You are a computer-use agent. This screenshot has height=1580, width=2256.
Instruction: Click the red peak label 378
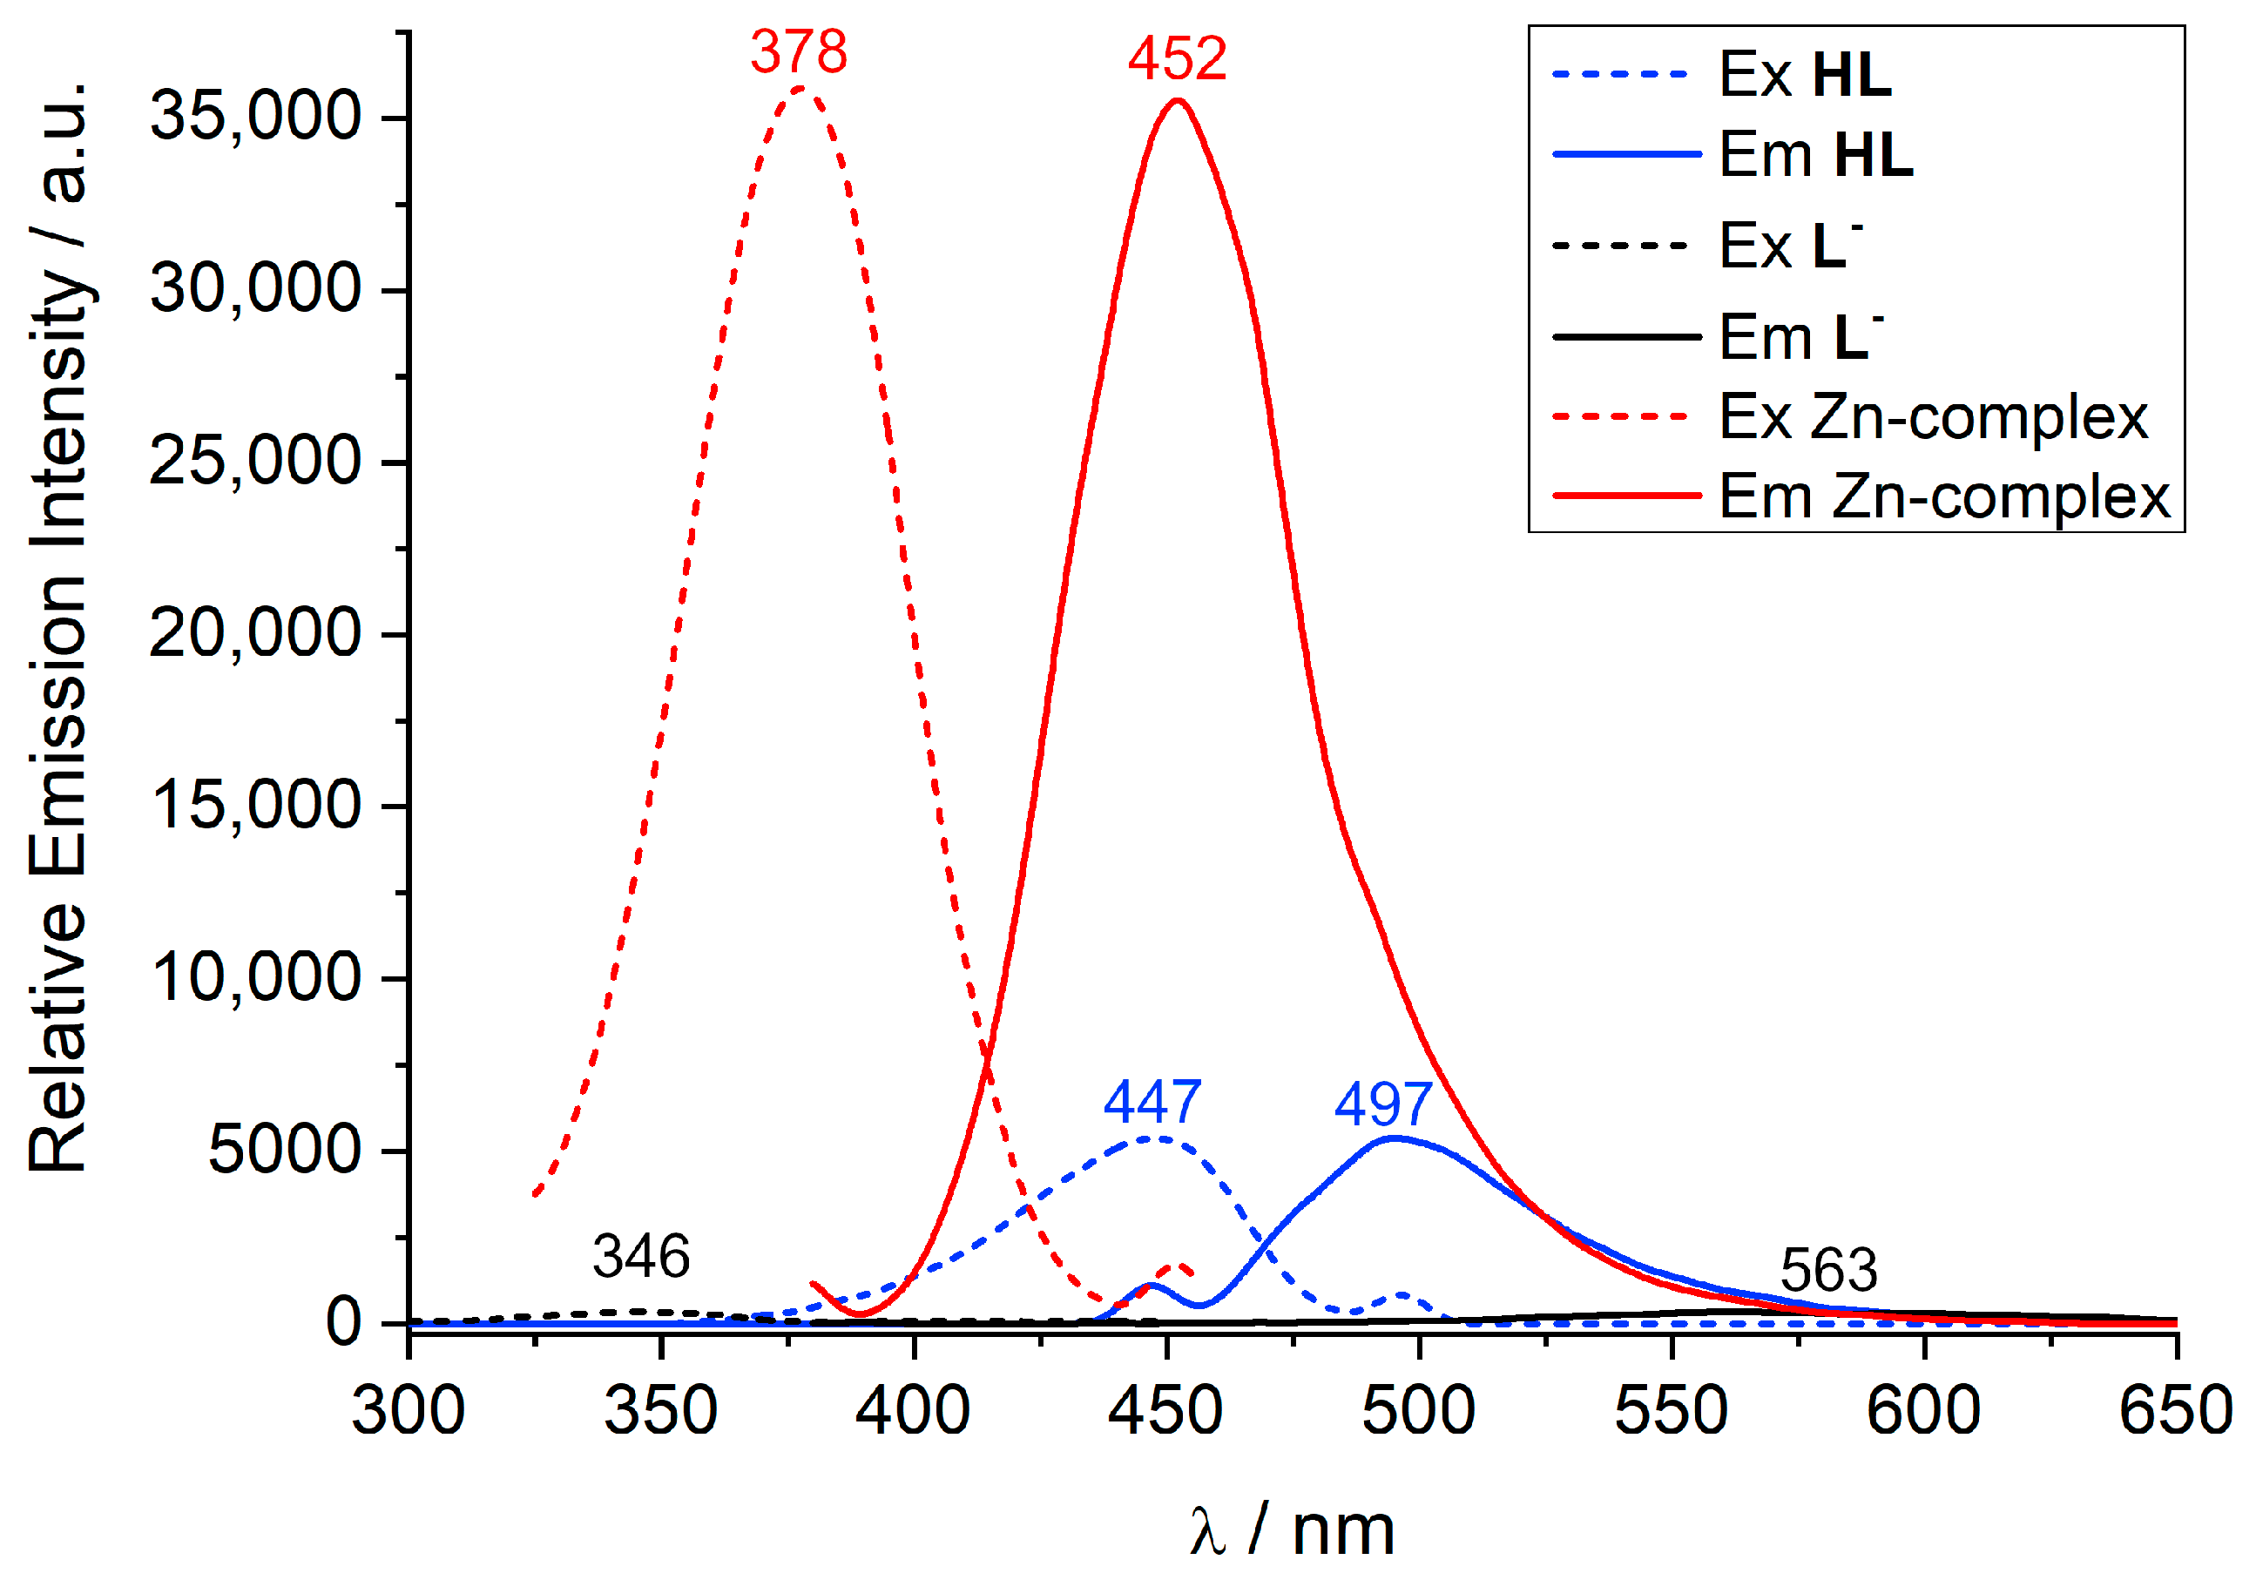pyautogui.click(x=798, y=51)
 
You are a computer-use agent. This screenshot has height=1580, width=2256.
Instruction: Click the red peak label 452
pyautogui.click(x=1176, y=58)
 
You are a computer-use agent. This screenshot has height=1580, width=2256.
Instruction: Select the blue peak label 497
pyautogui.click(x=1382, y=1104)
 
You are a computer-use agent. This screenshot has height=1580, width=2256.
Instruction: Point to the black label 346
pyautogui.click(x=640, y=1256)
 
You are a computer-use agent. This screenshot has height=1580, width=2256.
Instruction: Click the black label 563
pyautogui.click(x=1828, y=1270)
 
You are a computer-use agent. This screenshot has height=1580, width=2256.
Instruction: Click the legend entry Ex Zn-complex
pyautogui.click(x=1932, y=416)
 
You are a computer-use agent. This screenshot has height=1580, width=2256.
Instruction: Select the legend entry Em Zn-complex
pyautogui.click(x=1943, y=496)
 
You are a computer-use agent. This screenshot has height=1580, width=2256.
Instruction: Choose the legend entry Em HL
pyautogui.click(x=1816, y=154)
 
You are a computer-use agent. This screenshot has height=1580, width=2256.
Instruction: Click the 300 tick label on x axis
pyautogui.click(x=409, y=1410)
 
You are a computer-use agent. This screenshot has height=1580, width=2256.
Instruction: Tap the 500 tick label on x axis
pyautogui.click(x=1418, y=1410)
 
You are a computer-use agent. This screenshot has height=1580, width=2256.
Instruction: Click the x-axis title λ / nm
pyautogui.click(x=1291, y=1529)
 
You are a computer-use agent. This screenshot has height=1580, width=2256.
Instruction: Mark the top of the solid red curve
pyautogui.click(x=1177, y=99)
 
